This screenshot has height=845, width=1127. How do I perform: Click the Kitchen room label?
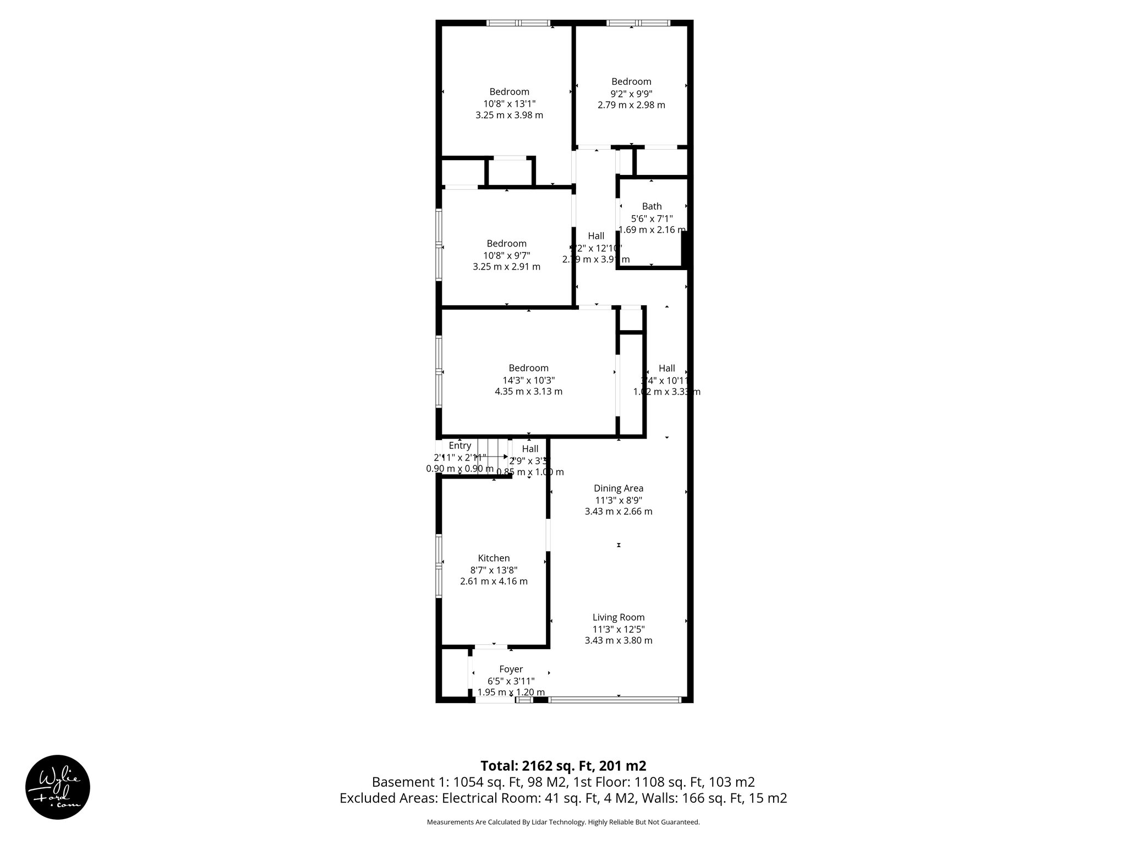[x=494, y=558]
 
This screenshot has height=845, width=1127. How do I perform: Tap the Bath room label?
[x=652, y=206]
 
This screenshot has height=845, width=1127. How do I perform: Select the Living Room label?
[x=619, y=617]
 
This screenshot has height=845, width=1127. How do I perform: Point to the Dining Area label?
[x=619, y=488]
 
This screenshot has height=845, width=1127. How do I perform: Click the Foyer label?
[x=511, y=669]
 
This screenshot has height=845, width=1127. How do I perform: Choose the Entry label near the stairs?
[x=459, y=446]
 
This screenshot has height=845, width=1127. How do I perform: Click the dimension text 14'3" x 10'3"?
[x=528, y=380]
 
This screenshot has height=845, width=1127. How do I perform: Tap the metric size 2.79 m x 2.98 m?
[x=631, y=105]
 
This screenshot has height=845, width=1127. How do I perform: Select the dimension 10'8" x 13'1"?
[x=509, y=103]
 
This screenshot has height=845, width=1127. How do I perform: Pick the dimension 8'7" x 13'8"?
[x=494, y=570]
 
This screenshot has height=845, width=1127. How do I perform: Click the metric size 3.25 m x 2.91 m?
[x=506, y=267]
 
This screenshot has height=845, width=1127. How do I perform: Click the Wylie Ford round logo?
[x=58, y=787]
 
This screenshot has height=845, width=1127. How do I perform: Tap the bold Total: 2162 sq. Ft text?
[x=563, y=766]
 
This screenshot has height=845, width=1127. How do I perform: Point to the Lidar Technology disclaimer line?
[x=563, y=822]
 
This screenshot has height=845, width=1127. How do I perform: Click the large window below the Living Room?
[x=615, y=700]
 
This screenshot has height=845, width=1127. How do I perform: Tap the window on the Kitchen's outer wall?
[x=439, y=566]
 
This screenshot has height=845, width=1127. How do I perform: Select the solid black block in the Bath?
[x=685, y=249]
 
